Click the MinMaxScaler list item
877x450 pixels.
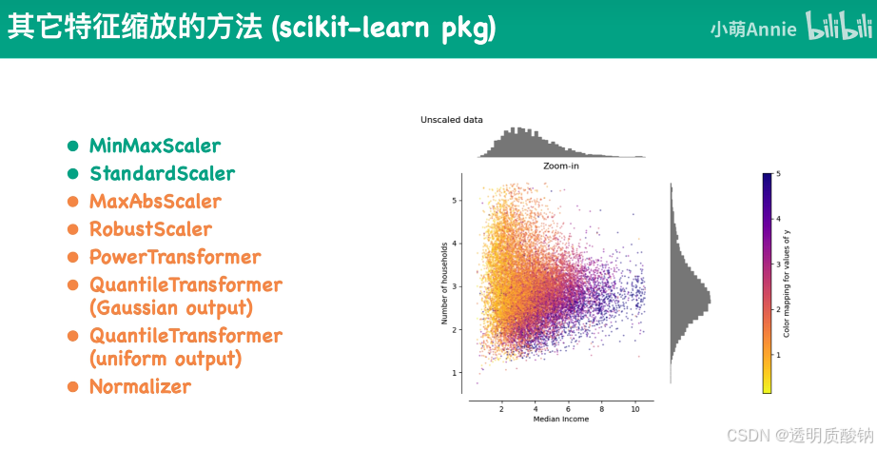click(x=155, y=147)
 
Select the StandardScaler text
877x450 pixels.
click(x=162, y=174)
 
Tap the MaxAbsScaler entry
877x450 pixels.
click(x=155, y=202)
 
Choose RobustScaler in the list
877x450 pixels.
click(x=150, y=229)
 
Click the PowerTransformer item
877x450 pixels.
click(x=175, y=257)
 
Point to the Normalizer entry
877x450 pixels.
click(x=140, y=387)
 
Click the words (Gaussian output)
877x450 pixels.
click(x=171, y=308)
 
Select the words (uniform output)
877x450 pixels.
click(x=166, y=360)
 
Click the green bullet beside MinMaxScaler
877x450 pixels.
click(x=72, y=147)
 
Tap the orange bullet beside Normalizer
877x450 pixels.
click(x=72, y=387)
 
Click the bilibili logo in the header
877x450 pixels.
click(x=839, y=28)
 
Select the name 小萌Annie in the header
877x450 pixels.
click(x=753, y=29)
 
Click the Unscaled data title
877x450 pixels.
click(x=452, y=120)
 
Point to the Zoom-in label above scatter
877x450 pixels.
click(x=560, y=166)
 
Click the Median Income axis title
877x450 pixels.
click(x=560, y=419)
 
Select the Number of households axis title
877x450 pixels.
click(x=444, y=284)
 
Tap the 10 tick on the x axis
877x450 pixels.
click(x=635, y=407)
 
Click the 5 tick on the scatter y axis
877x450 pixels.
click(x=456, y=201)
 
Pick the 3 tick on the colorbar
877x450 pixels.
click(x=778, y=265)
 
